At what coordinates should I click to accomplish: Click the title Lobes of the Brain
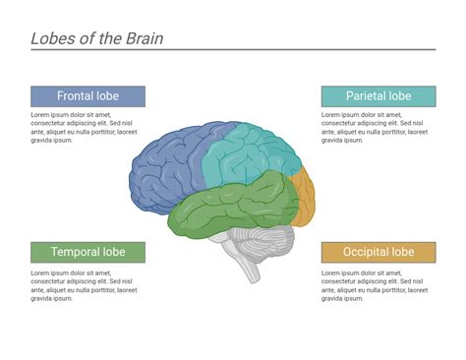pos(96,38)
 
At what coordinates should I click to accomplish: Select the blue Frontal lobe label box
pos(87,96)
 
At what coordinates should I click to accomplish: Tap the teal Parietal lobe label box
pos(378,96)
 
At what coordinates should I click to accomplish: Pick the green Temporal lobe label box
pos(87,252)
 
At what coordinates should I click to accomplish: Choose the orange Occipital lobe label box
pos(378,252)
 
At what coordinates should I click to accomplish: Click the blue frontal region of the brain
pos(167,167)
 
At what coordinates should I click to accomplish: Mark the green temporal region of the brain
pos(231,207)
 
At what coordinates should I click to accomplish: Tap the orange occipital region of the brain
pos(304,197)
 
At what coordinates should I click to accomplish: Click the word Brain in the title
pos(142,38)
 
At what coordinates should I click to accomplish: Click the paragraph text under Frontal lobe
pos(83,127)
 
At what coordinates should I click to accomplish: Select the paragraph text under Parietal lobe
pos(374,127)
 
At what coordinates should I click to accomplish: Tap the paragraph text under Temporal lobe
pos(83,284)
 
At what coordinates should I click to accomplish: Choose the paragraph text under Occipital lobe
pos(374,284)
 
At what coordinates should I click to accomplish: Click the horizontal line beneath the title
pos(233,49)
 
